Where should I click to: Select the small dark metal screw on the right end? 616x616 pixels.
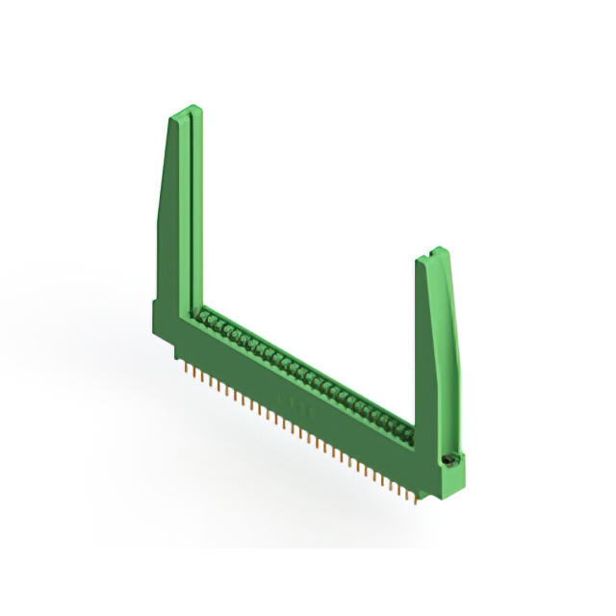(448, 463)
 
